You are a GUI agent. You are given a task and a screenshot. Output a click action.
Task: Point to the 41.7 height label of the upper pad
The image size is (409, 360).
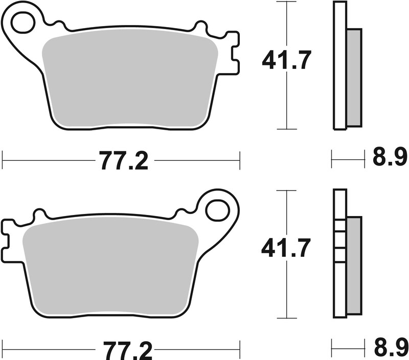point(286,61)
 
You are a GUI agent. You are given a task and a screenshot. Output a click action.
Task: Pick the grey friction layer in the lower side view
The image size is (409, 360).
point(354,266)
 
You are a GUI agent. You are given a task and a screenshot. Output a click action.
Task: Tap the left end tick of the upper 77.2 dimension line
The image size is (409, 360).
point(3,160)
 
